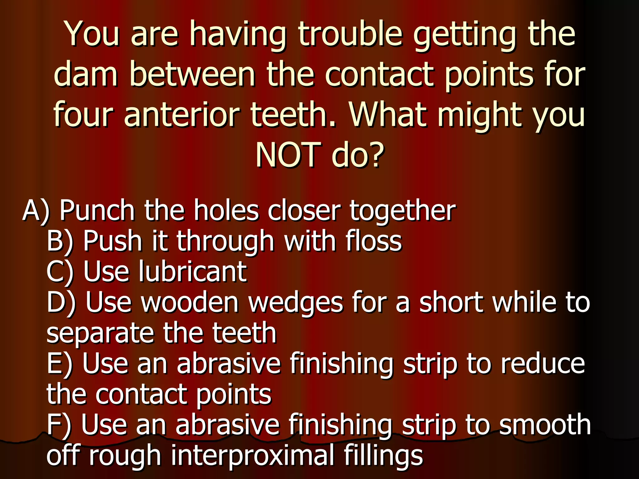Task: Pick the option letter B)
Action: coord(60,241)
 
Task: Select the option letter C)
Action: coord(60,271)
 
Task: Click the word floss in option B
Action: coord(373,241)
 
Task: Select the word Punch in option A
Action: coord(97,210)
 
